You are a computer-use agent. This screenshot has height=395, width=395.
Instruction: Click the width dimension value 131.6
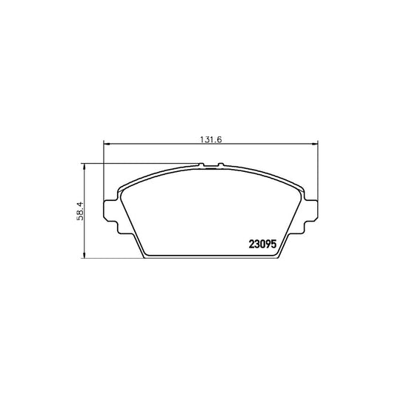tap(211, 139)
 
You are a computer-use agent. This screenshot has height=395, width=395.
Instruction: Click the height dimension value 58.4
tap(80, 211)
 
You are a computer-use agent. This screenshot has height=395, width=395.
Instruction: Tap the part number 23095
tap(263, 244)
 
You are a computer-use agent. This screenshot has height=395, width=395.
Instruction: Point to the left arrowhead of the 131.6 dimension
tap(107, 144)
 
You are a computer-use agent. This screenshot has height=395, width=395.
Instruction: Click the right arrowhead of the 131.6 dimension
tap(315, 144)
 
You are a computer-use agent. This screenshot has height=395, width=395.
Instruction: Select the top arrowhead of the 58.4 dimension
tap(84, 167)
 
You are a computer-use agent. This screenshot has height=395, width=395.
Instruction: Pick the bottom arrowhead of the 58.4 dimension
tap(84, 255)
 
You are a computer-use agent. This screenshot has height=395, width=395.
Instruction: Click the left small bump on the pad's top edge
tap(202, 165)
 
